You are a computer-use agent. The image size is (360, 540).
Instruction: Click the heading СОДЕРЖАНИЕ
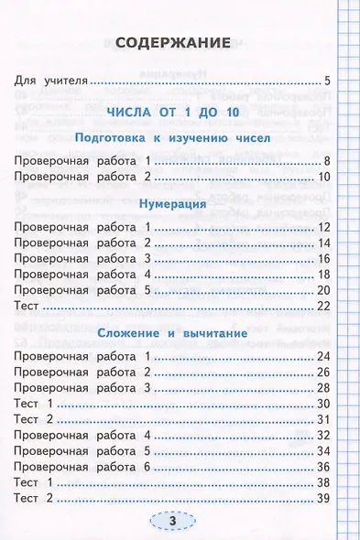pos(172,42)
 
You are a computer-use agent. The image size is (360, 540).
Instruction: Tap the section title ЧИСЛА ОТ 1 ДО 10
pos(171,112)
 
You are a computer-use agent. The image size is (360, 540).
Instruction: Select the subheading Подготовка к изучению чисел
pos(171,138)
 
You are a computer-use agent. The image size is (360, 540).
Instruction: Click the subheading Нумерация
pos(171,204)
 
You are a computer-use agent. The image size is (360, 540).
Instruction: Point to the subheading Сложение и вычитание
pos(171,334)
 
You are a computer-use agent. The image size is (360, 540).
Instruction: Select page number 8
pos(327,161)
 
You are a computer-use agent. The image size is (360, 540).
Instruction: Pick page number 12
pos(323,227)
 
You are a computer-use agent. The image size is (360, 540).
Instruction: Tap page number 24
pos(323,356)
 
